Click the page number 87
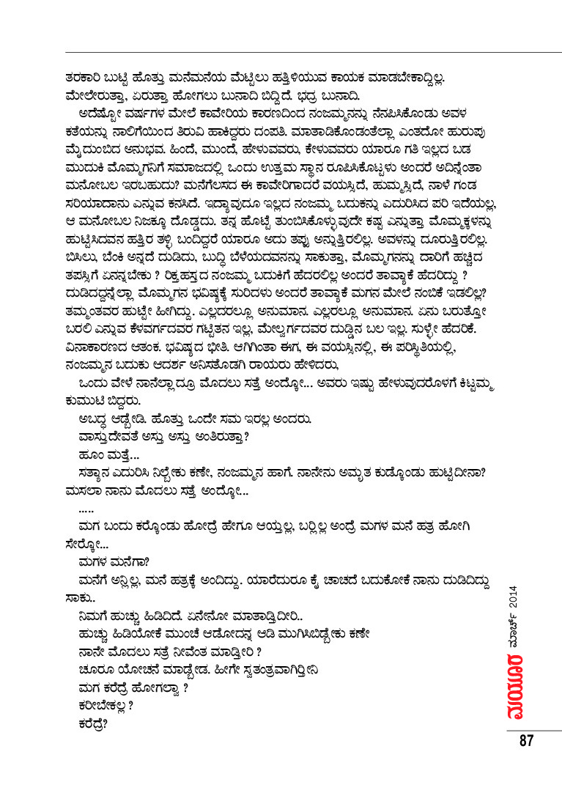click(525, 739)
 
